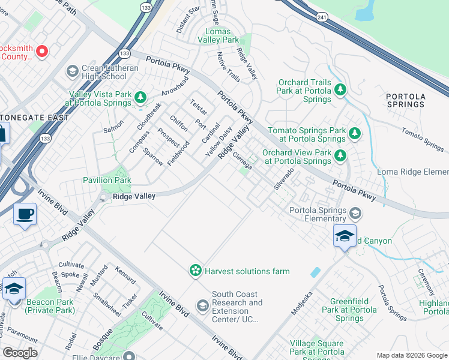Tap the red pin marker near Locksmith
[42, 51]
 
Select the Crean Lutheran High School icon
[72, 72]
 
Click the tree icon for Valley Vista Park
[140, 96]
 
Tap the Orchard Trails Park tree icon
[340, 90]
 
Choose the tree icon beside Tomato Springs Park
[355, 133]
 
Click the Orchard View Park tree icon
[340, 156]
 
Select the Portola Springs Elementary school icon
[356, 214]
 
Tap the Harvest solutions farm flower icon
[195, 271]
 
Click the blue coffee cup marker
[25, 214]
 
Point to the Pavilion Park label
[107, 180]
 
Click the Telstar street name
[199, 107]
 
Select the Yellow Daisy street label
[218, 142]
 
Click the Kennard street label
[125, 275]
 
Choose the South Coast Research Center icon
[203, 306]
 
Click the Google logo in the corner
[20, 353]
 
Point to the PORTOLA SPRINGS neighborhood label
[406, 100]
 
